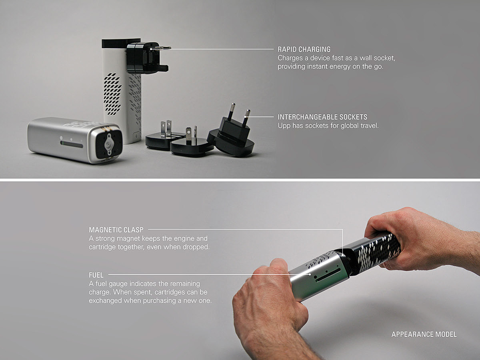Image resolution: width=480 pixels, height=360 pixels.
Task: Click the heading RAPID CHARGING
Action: pyautogui.click(x=304, y=49)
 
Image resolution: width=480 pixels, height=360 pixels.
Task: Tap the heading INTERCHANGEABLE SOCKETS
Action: pyautogui.click(x=322, y=117)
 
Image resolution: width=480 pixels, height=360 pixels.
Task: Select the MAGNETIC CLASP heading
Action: pyautogui.click(x=116, y=230)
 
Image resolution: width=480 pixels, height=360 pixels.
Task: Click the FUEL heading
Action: pyautogui.click(x=96, y=275)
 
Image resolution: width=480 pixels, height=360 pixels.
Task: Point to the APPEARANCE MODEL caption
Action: pyautogui.click(x=424, y=334)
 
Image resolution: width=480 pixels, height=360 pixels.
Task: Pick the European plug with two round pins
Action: pyautogui.click(x=231, y=133)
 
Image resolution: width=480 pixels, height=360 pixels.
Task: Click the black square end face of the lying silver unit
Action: pyautogui.click(x=109, y=144)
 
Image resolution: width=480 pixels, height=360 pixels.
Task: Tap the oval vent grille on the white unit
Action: pyautogui.click(x=112, y=94)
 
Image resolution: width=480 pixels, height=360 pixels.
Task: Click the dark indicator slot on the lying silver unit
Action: pyautogui.click(x=72, y=144)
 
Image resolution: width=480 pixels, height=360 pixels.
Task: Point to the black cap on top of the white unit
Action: pyautogui.click(x=121, y=43)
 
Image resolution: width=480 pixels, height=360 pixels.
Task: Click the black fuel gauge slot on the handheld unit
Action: pyautogui.click(x=328, y=275)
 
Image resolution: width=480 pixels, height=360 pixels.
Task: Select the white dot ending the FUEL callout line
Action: pyautogui.click(x=310, y=274)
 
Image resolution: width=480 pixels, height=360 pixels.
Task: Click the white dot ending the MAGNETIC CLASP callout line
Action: pyautogui.click(x=342, y=254)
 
